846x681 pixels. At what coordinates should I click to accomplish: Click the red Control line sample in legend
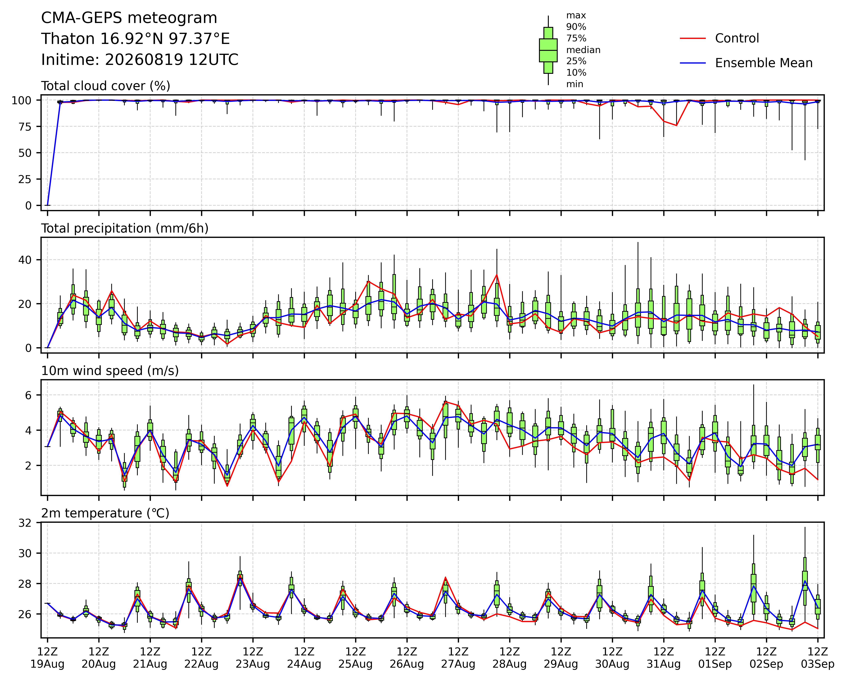click(693, 38)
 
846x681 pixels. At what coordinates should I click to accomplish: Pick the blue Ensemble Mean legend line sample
click(693, 63)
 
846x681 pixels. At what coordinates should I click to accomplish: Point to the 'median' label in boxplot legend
click(583, 50)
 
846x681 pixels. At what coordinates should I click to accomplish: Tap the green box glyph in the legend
click(548, 50)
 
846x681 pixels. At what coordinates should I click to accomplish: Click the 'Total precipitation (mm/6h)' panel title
click(125, 228)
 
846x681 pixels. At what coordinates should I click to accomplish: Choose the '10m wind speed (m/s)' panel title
click(110, 371)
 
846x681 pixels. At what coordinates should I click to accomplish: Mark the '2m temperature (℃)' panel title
click(105, 513)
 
